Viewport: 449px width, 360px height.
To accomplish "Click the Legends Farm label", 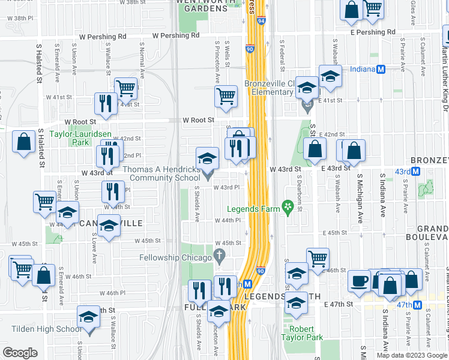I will tap(253, 209).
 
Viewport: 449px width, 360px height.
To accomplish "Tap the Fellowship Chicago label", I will tap(173, 257).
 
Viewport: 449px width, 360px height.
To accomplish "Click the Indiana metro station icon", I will tap(380, 69).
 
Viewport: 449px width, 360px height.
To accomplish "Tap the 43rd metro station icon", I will tap(423, 171).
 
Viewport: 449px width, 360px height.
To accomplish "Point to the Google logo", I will tap(20, 353).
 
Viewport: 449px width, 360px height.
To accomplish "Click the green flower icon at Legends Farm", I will tap(288, 209).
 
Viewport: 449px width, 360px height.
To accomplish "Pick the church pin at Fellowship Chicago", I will tap(220, 257).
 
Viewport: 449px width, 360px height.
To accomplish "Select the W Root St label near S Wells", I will tap(199, 120).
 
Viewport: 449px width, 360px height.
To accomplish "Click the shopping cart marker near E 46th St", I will tap(318, 259).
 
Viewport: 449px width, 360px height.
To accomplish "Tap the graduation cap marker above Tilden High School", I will tap(88, 316).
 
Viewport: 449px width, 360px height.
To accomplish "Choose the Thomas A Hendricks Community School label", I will tap(161, 174).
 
